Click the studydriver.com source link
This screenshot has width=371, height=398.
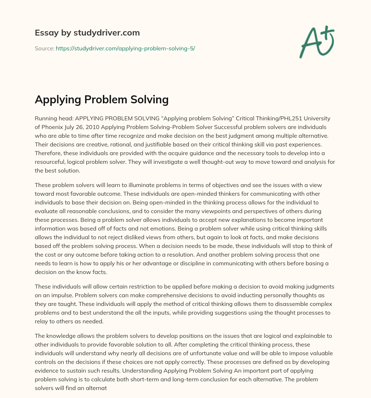coord(125,48)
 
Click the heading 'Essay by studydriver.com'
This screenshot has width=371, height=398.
coord(87,33)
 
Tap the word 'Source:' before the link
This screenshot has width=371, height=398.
coord(44,48)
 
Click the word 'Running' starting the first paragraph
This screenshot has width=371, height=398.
coord(45,119)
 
